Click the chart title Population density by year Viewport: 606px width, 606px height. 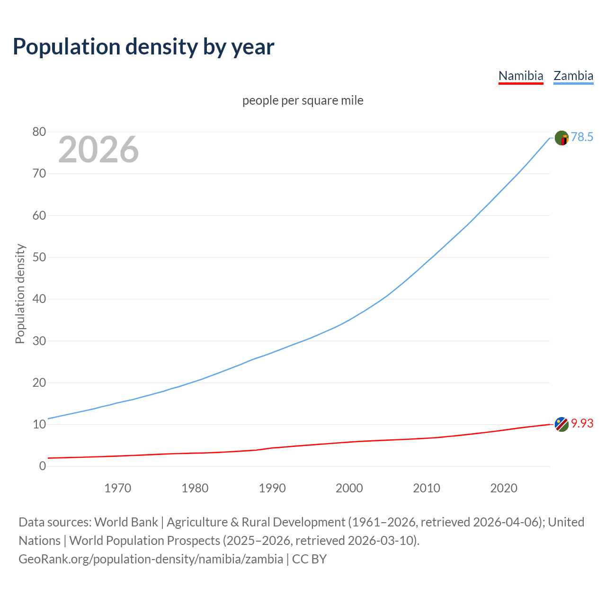coord(143,46)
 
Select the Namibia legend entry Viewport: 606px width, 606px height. coord(521,76)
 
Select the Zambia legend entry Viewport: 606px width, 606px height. coord(573,76)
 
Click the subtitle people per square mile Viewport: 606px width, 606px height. coord(303,100)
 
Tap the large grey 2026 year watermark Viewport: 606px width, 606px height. coord(98,150)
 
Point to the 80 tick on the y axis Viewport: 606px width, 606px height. coord(39,132)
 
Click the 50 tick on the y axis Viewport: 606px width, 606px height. coord(39,258)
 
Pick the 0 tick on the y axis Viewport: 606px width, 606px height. coord(43,466)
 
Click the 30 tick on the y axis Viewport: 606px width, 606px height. coord(39,341)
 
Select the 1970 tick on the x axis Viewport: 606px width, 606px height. coord(117,488)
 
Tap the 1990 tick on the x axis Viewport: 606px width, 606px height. coord(272,488)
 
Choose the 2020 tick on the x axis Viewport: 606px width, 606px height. coord(504,488)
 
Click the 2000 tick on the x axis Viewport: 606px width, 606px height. coord(349,488)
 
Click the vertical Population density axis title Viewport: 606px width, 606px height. coord(20,294)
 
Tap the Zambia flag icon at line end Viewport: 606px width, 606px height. coord(561,138)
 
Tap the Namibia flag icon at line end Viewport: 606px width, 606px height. coord(561,425)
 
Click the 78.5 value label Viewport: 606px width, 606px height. coord(582,137)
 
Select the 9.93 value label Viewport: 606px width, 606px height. coord(582,423)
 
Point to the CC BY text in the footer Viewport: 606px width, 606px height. coord(309,559)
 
